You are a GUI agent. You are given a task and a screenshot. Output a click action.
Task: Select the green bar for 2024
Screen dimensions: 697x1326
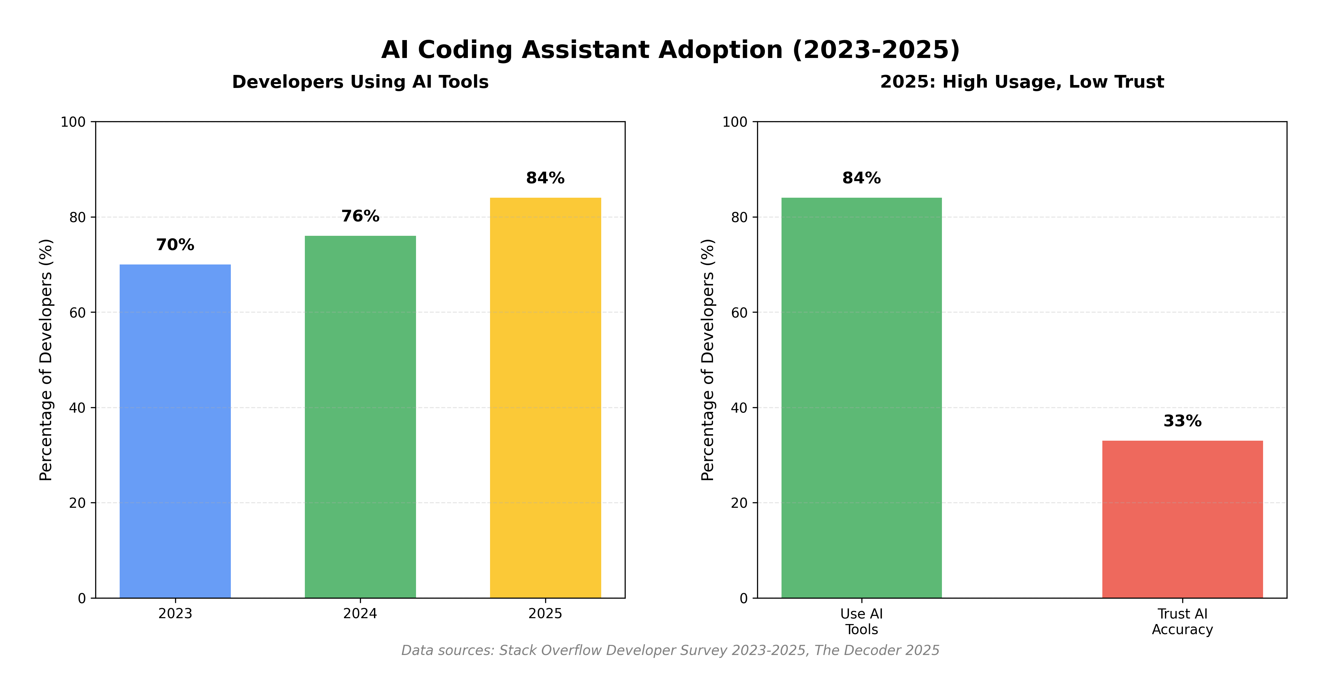(360, 417)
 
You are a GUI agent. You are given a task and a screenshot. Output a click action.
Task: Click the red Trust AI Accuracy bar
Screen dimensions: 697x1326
(1183, 519)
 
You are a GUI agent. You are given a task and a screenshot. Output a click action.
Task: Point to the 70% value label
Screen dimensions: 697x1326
(175, 245)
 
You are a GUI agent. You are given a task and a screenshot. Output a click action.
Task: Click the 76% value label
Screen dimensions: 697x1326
(360, 216)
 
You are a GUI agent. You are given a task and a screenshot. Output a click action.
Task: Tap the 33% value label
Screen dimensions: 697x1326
(1183, 421)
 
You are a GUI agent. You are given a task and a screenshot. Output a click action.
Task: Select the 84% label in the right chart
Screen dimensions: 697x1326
(861, 178)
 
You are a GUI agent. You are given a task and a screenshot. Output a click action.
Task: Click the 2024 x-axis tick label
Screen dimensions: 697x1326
(360, 614)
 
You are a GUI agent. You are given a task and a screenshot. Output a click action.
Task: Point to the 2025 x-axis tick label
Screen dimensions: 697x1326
(545, 614)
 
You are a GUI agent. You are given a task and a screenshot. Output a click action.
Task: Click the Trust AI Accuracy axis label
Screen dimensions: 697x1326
(1183, 621)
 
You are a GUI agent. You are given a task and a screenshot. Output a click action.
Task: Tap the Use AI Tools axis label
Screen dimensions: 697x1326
(861, 621)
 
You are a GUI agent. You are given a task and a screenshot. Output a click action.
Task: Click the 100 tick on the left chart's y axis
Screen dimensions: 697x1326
(73, 122)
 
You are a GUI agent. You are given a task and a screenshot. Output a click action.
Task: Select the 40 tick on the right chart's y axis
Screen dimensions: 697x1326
(739, 408)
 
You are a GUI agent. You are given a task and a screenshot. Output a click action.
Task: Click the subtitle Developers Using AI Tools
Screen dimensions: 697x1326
(360, 82)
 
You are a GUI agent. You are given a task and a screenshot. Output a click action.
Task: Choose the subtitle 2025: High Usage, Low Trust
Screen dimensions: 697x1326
(1022, 82)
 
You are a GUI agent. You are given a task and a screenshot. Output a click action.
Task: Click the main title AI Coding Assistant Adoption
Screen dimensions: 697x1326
(670, 50)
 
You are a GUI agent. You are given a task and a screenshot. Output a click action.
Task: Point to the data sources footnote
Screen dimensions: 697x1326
(670, 650)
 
